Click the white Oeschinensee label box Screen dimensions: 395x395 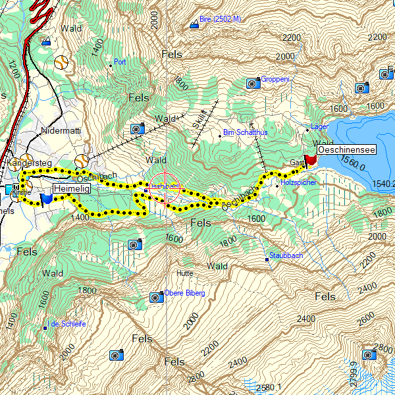pyautogui.click(x=346, y=150)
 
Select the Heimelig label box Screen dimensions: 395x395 pyautogui.click(x=71, y=189)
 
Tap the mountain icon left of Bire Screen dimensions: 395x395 pyautogui.click(x=194, y=25)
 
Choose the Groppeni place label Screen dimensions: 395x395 pyautogui.click(x=275, y=80)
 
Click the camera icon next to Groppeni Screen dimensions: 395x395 pyautogui.click(x=253, y=83)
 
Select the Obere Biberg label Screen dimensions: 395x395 pyautogui.click(x=185, y=293)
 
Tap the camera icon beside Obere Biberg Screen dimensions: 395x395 pyautogui.click(x=157, y=297)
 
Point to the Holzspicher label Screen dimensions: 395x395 pyautogui.click(x=299, y=182)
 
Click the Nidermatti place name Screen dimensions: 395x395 pyautogui.click(x=61, y=131)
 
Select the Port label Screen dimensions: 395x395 pyautogui.click(x=120, y=62)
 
